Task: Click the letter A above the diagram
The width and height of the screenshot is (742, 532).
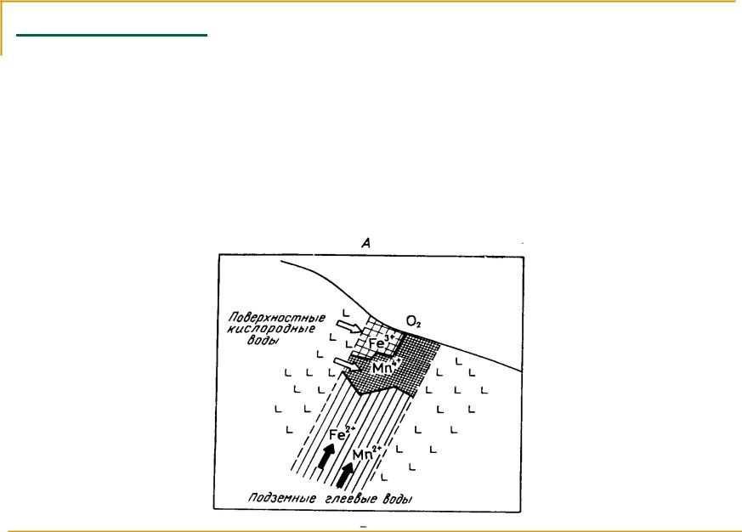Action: point(365,243)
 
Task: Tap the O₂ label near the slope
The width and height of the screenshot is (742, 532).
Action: point(413,322)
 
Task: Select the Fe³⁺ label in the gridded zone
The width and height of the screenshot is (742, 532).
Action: point(382,341)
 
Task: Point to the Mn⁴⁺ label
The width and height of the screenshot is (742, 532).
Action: point(387,366)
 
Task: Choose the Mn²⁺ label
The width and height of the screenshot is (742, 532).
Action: point(367,453)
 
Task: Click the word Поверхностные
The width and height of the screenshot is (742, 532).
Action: point(277,318)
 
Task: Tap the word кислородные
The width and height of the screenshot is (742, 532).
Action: point(270,330)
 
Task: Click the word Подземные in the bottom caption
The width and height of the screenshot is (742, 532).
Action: point(282,498)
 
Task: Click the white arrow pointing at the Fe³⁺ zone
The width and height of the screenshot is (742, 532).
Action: point(348,326)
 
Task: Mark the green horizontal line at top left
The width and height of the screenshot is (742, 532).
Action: point(111,35)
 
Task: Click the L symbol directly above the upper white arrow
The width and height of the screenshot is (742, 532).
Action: point(346,314)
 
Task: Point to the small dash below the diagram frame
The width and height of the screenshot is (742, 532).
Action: point(364,526)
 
